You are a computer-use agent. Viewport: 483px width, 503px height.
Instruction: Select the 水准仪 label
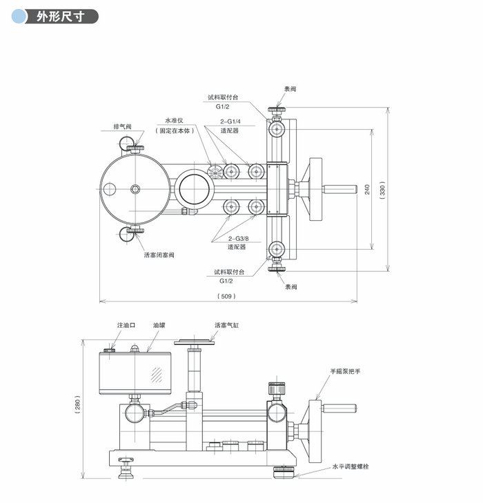tap(174, 120)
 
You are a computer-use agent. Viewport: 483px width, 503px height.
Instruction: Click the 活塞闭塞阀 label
tap(159, 255)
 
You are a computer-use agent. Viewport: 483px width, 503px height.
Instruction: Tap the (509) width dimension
tap(227, 295)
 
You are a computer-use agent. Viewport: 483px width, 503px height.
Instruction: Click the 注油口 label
tap(126, 324)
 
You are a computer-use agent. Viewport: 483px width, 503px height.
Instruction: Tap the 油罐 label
tap(160, 324)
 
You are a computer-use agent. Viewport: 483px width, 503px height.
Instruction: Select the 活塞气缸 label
tap(226, 324)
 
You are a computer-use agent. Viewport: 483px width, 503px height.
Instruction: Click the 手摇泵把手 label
tap(346, 371)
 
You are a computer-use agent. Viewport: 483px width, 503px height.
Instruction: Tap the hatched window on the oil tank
tap(157, 375)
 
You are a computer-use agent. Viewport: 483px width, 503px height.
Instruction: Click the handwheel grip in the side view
tap(339, 408)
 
